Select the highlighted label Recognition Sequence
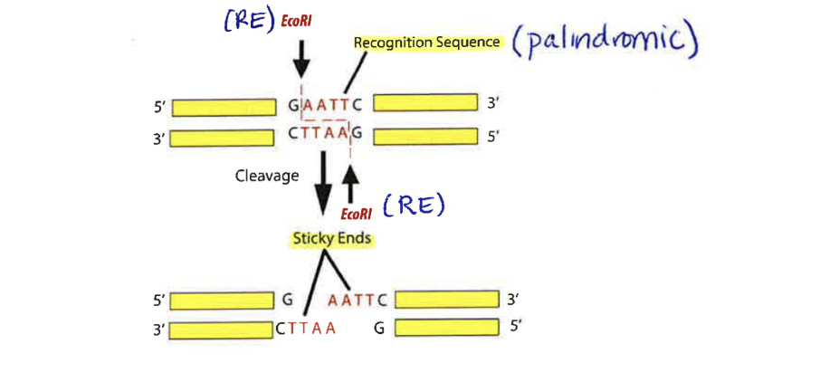click(x=426, y=42)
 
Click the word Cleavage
click(x=267, y=177)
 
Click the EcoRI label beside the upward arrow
click(x=355, y=214)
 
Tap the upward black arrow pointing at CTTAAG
click(x=350, y=186)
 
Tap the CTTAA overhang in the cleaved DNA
click(x=306, y=328)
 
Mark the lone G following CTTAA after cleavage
click(x=379, y=328)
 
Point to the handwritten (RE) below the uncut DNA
click(x=413, y=206)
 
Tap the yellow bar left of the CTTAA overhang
click(x=222, y=328)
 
